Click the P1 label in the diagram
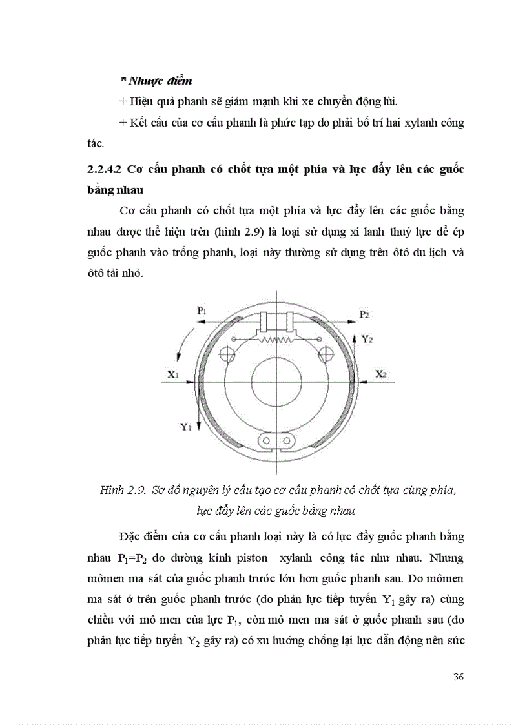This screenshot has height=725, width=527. (201, 311)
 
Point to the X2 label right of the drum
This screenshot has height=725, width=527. (382, 374)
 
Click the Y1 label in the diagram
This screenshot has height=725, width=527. (185, 426)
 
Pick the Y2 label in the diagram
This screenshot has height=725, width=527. (367, 338)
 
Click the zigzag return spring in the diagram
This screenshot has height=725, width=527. (277, 339)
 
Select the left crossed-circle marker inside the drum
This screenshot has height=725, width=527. (227, 354)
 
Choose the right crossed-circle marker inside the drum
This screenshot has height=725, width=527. (327, 354)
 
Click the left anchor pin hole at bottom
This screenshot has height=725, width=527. (265, 441)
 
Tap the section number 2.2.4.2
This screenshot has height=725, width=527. (105, 170)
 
